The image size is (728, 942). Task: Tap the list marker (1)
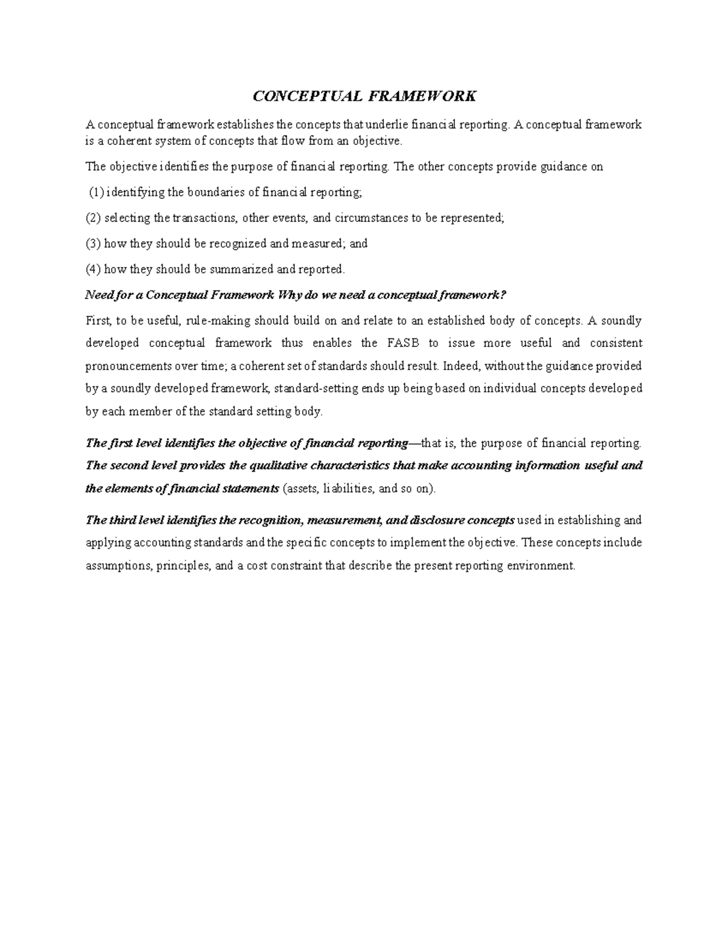96,192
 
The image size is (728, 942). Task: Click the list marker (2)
93,218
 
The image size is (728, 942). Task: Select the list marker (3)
93,243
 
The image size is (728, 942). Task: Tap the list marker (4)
93,269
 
